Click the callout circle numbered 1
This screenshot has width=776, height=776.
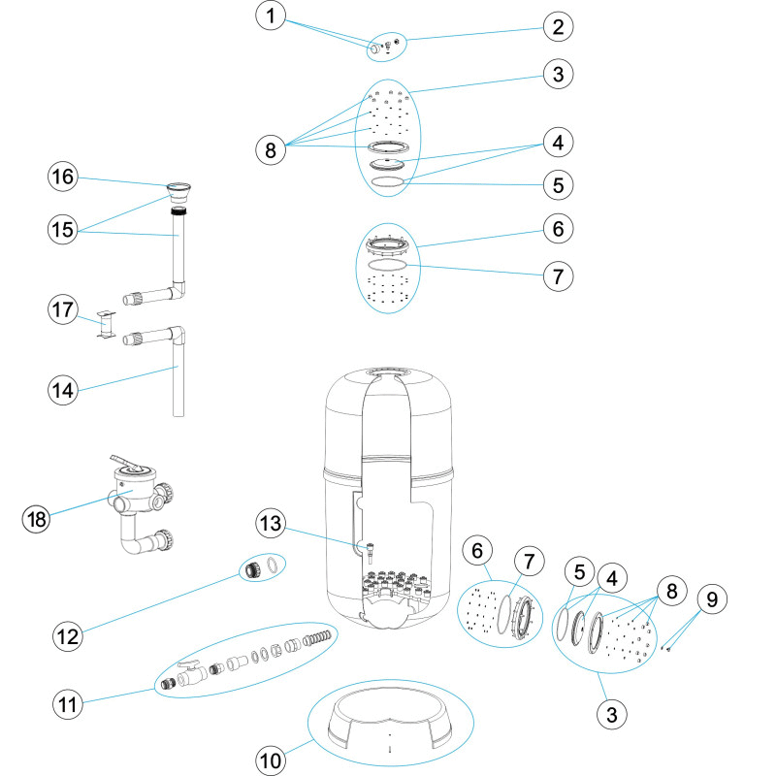click(x=271, y=16)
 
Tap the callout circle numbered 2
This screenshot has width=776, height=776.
click(x=558, y=27)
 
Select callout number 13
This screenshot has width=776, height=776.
click(x=271, y=523)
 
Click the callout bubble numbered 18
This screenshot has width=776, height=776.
click(x=37, y=519)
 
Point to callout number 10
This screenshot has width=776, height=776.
click(x=271, y=760)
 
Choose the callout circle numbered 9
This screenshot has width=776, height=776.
click(x=712, y=599)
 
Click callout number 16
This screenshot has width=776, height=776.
click(x=63, y=177)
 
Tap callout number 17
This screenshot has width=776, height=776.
click(x=63, y=309)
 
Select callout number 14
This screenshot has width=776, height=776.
click(x=63, y=390)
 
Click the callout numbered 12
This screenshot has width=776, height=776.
click(x=68, y=636)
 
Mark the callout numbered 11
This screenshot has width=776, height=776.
click(x=68, y=704)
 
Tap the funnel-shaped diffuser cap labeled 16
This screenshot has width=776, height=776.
click(x=178, y=192)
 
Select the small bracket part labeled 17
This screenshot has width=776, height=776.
click(x=106, y=325)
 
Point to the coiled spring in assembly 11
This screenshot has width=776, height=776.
click(x=317, y=638)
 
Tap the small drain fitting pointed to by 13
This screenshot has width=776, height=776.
click(x=370, y=552)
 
